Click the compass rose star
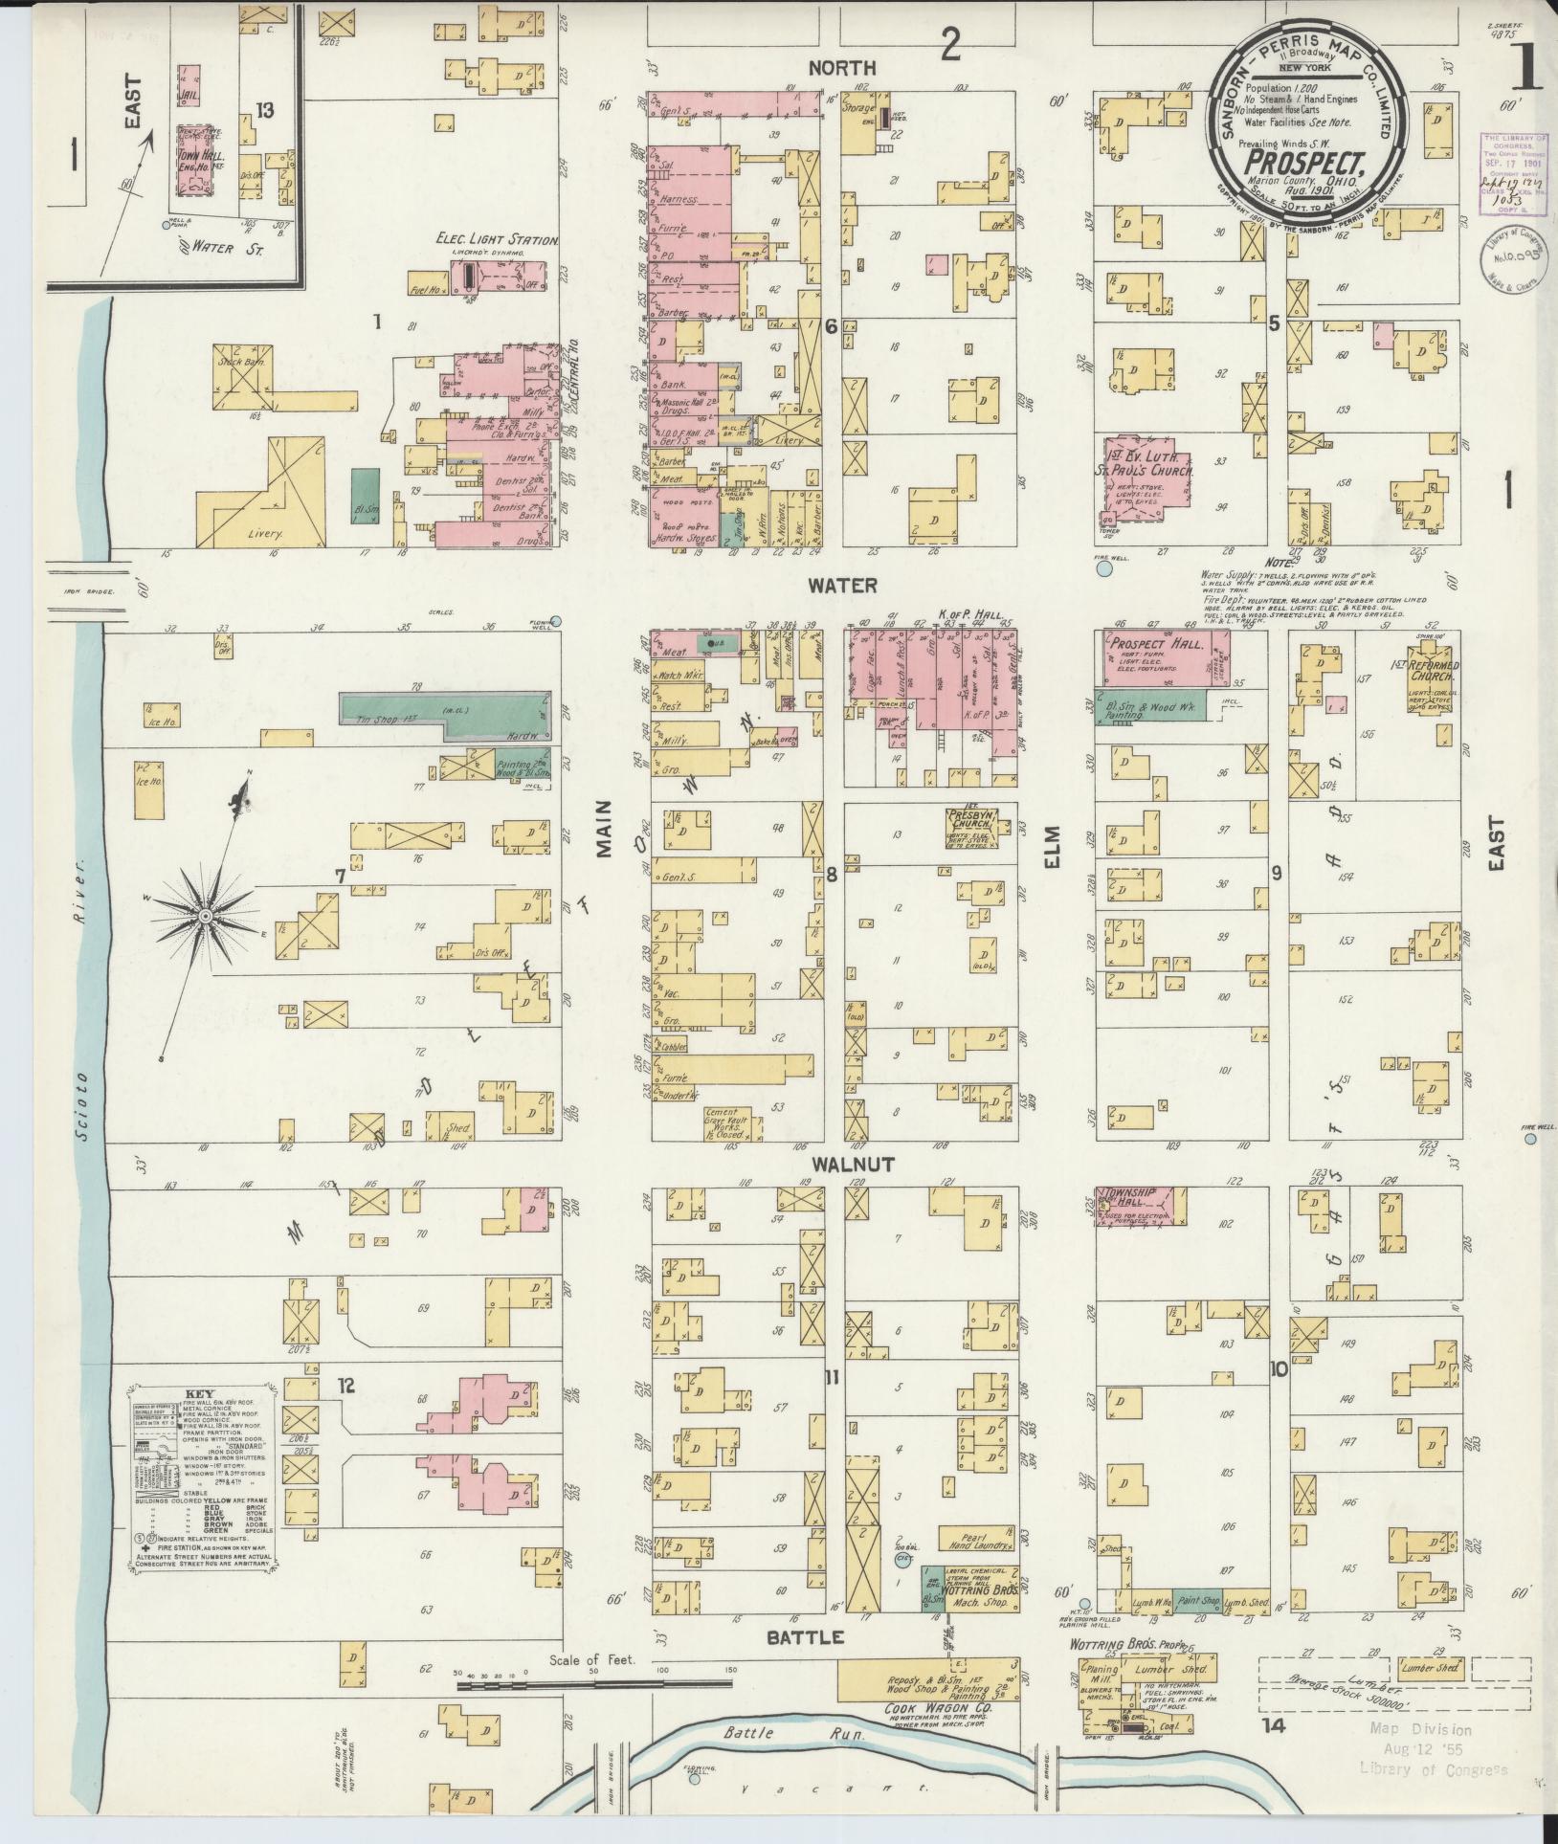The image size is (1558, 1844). [x=205, y=916]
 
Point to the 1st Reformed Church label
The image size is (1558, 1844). [x=1432, y=671]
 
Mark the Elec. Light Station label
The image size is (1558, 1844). [x=497, y=241]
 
